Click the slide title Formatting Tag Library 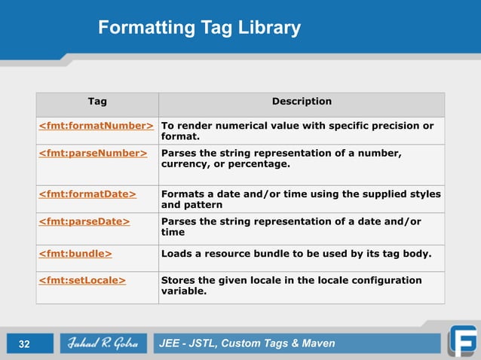pos(199,28)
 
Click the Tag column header pos(97,101)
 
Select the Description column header pos(301,101)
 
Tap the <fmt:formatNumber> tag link pos(97,126)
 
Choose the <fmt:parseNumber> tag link pos(93,153)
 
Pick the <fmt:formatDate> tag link pos(87,194)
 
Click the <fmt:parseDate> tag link pos(84,221)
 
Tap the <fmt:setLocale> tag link pos(82,280)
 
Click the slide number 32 pos(24,344)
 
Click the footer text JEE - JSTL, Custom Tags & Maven pos(247,344)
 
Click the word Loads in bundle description pos(176,253)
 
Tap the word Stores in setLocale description pos(179,280)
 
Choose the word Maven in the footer pos(316,344)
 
